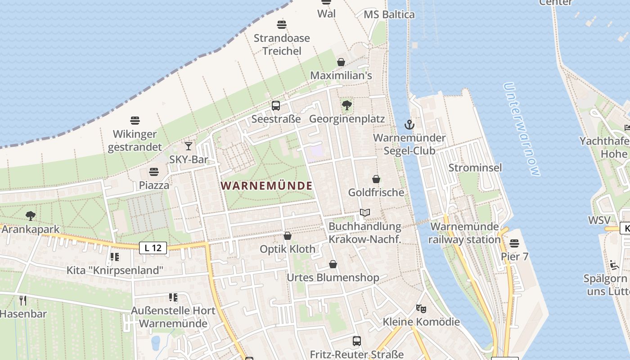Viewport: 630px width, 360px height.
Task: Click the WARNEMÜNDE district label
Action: [266, 186]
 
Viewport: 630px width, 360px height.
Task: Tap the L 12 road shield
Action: [153, 248]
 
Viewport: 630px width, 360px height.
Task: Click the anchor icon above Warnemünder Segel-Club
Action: [409, 125]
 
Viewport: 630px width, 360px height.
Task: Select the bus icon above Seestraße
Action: [276, 106]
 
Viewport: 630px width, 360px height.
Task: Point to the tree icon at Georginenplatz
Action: [346, 106]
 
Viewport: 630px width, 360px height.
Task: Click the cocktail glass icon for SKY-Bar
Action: [189, 146]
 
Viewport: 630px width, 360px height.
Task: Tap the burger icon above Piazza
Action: [154, 172]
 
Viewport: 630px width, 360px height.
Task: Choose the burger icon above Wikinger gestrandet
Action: [135, 121]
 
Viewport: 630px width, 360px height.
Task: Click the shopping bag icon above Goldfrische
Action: [376, 179]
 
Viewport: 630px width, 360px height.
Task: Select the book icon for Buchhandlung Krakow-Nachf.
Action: [364, 213]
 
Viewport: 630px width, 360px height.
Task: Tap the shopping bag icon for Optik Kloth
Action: [288, 236]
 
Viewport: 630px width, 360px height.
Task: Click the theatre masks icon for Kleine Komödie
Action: [421, 309]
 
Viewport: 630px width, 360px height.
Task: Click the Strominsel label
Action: [475, 168]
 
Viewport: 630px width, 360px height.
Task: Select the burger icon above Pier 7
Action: [514, 243]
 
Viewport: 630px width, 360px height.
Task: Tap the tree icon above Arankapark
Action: [31, 216]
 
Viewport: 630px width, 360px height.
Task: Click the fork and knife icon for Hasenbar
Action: [23, 300]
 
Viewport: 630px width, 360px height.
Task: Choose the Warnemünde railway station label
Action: [464, 233]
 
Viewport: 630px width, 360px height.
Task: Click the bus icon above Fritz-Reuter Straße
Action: [357, 341]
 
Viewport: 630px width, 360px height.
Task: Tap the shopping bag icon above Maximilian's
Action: [341, 62]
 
